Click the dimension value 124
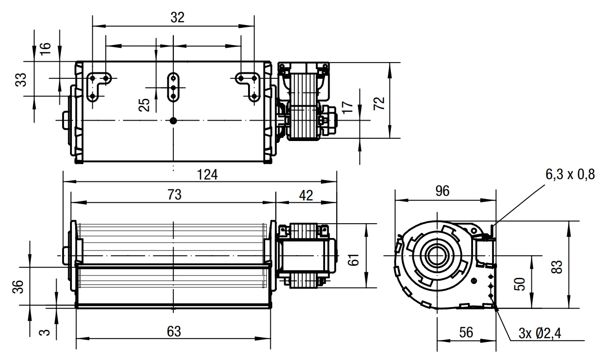coord(207,174)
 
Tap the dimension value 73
coord(174,195)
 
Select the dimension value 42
coord(306,195)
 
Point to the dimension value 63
coord(174,331)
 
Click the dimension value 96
coord(442,191)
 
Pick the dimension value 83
coord(557,267)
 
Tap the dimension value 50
coord(519,284)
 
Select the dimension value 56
coord(466,332)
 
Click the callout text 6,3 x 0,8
coord(570,174)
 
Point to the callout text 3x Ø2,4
coord(540,333)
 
